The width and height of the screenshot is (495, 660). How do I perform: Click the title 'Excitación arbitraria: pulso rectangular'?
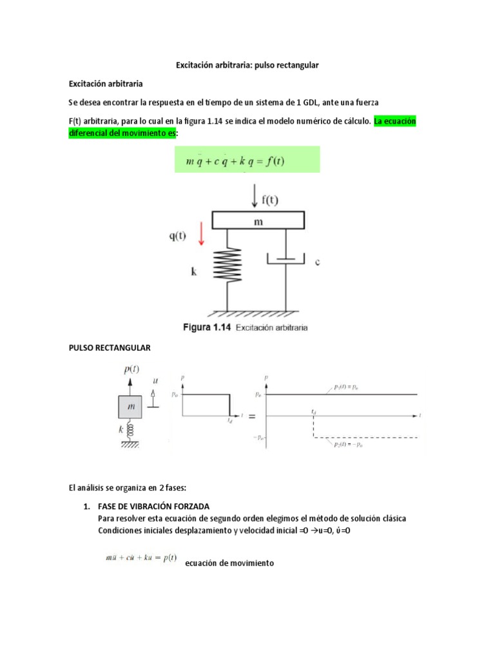point(247,66)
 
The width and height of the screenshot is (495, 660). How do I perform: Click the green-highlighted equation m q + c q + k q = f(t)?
point(247,160)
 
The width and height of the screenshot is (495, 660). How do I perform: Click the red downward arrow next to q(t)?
point(200,235)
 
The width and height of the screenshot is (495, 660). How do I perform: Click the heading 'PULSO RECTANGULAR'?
point(109,348)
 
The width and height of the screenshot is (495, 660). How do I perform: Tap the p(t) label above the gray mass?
point(131,369)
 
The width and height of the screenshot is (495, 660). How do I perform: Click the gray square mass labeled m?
point(131,407)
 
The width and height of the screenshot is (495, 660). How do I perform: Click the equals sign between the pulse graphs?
point(252,416)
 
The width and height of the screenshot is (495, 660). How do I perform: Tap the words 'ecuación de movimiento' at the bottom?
point(229,563)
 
